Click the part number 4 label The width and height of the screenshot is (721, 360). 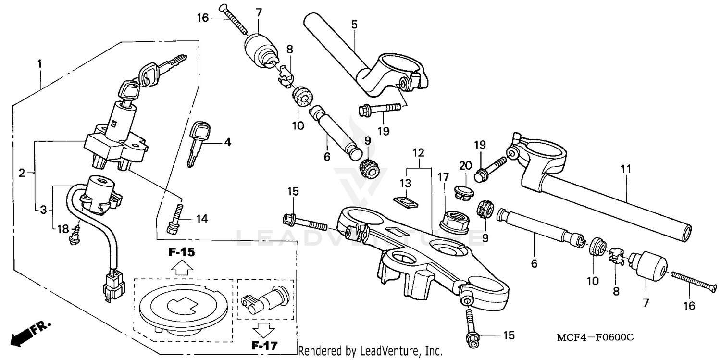228,142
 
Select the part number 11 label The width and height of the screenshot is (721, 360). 625,169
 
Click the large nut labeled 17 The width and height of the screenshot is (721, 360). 453,222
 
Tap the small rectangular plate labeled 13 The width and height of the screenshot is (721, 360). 405,200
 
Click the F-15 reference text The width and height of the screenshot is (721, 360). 181,252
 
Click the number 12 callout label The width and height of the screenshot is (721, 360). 418,153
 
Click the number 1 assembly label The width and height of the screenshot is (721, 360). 40,63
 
